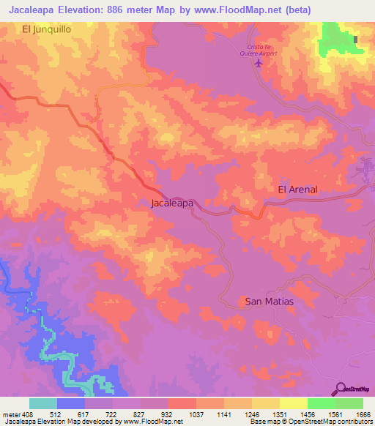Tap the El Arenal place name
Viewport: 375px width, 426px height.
point(297,189)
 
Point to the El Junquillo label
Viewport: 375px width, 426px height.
point(47,30)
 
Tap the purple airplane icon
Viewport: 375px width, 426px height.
point(258,62)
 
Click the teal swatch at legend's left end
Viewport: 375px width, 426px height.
point(42,403)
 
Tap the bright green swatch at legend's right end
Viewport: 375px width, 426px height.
point(349,403)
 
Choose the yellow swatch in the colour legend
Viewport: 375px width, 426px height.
point(293,403)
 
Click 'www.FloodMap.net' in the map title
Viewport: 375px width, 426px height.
point(242,10)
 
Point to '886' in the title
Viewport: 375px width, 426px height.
point(117,10)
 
